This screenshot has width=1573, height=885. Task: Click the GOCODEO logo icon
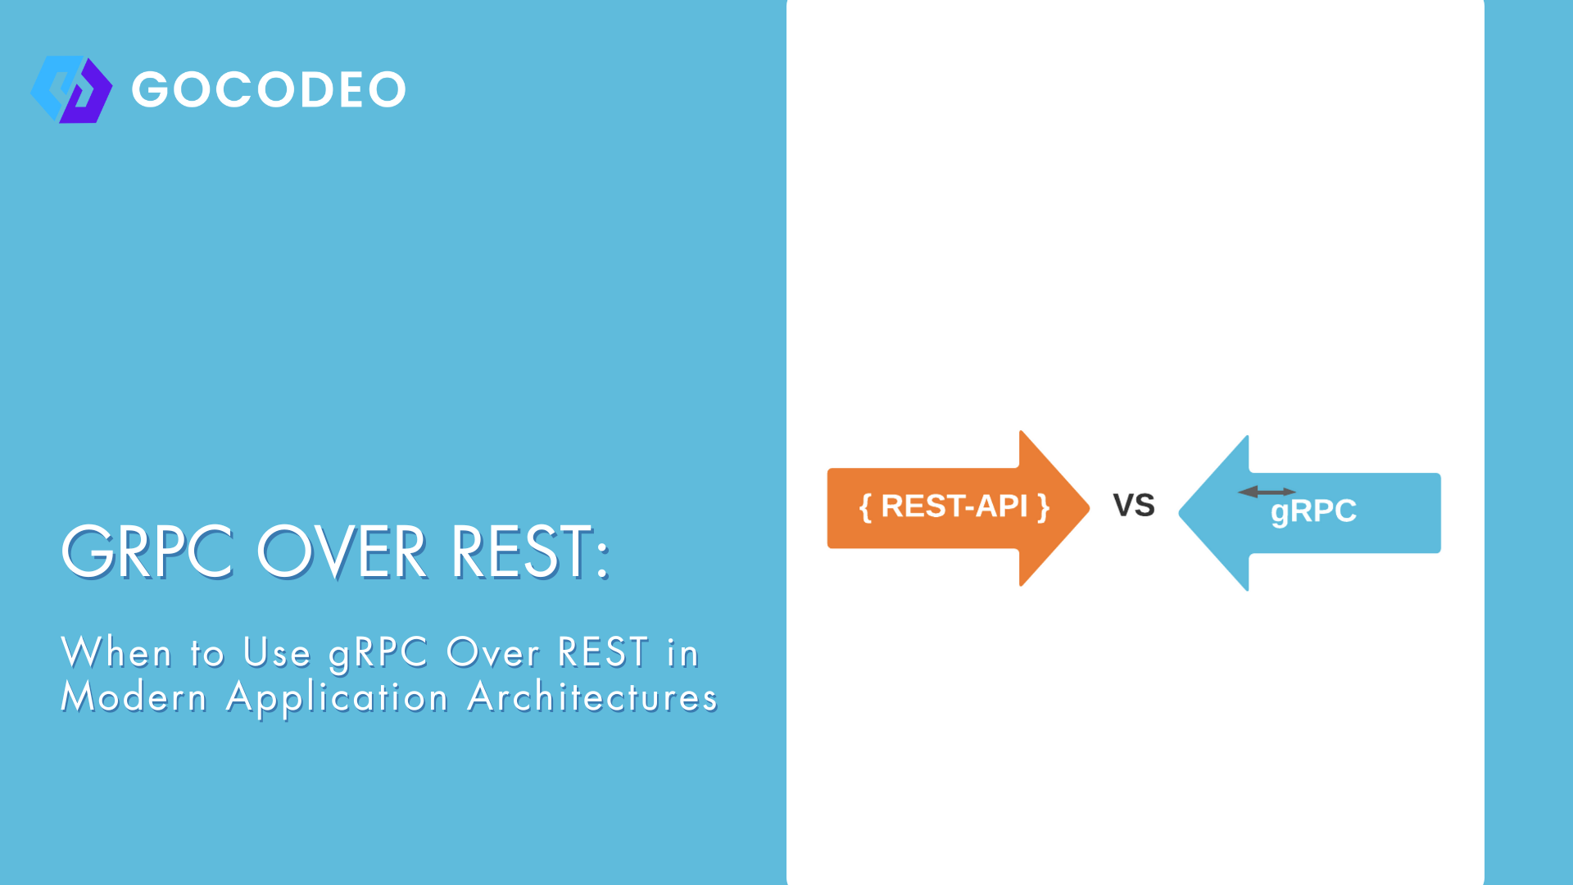(x=71, y=89)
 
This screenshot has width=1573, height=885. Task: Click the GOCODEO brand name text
(x=269, y=89)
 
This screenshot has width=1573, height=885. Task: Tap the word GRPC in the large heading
(x=148, y=552)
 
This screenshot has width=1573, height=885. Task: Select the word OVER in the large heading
(x=342, y=552)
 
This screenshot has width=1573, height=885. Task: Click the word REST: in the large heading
(x=530, y=552)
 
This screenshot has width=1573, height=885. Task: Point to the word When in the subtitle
(x=116, y=653)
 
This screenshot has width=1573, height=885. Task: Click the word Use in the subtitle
(x=277, y=653)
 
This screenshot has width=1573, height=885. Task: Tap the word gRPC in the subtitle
(x=379, y=654)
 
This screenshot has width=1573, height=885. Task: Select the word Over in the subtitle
(x=493, y=653)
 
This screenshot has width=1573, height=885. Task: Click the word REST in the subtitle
(x=604, y=653)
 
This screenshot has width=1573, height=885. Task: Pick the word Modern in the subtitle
(x=134, y=697)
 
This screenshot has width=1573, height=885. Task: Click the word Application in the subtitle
(x=337, y=699)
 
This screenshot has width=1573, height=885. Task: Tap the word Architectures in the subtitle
(x=592, y=697)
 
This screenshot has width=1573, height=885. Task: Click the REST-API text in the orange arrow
(x=954, y=506)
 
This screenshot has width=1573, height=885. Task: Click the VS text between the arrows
(x=1134, y=506)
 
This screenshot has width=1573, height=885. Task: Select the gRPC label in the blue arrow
(x=1313, y=511)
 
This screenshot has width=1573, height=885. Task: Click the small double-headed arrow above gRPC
(x=1267, y=492)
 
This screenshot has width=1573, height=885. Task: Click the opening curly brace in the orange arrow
(x=864, y=507)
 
